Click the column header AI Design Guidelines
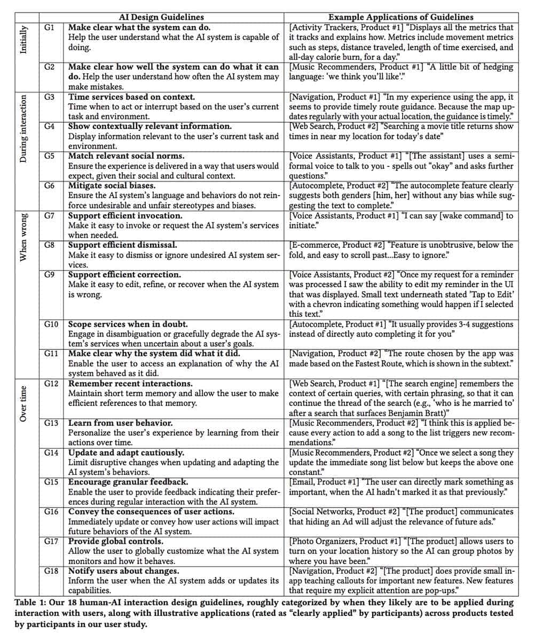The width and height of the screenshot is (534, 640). (161, 17)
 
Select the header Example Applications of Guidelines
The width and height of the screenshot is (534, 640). (401, 17)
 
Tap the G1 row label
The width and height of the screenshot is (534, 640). (49, 27)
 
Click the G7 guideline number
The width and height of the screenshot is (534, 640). (49, 215)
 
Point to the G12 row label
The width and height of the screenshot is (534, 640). (51, 383)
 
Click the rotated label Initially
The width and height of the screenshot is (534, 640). (23, 40)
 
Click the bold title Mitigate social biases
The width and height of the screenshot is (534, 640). (112, 185)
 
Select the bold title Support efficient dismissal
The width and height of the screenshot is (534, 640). (123, 245)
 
